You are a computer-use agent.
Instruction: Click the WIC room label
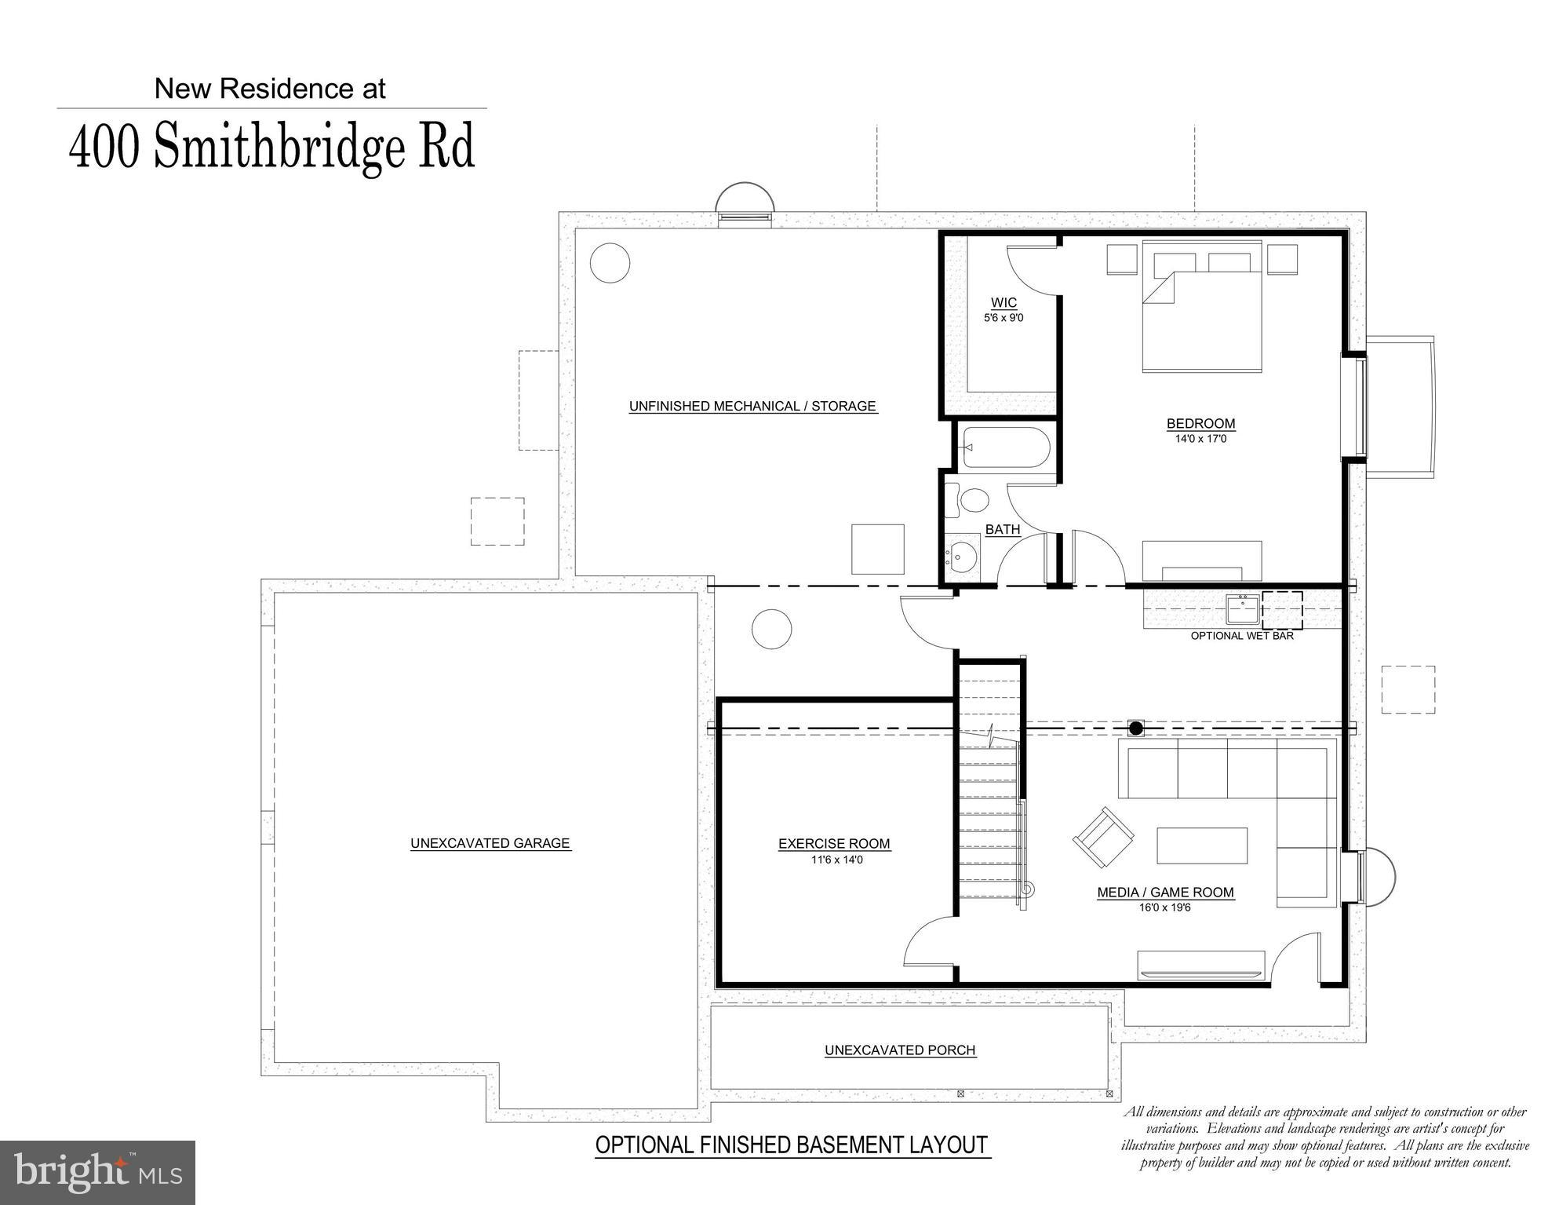1004,303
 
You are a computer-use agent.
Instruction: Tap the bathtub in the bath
1006,447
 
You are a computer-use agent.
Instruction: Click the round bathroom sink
962,557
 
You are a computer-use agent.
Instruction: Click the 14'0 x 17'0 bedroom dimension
1200,439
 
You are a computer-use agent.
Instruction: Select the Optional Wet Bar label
1242,636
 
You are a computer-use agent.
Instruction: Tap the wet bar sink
1243,609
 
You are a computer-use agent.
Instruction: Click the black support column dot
1135,728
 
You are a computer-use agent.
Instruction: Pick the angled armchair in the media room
1103,838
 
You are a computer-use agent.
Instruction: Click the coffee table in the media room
1202,846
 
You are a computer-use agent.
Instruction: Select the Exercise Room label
834,844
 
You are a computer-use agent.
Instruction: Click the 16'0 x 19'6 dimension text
1165,908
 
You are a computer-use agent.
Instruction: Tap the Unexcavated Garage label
490,843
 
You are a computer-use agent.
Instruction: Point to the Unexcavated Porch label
900,1050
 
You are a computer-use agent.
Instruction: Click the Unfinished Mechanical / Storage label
752,406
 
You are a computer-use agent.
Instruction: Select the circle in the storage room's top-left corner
610,263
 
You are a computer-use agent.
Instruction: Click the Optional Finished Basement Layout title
791,1145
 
